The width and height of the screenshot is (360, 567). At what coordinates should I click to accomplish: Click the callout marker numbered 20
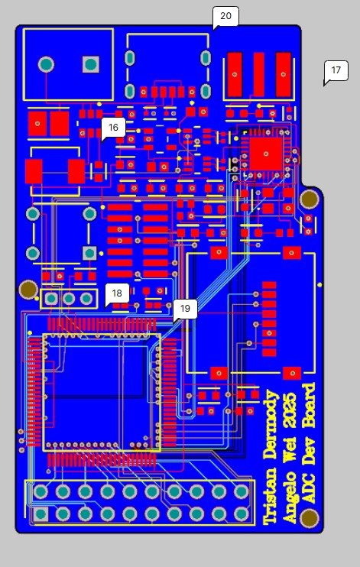tap(225, 16)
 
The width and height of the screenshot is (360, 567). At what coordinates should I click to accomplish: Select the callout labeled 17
tap(336, 71)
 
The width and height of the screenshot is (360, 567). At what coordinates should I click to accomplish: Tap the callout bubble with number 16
tap(113, 128)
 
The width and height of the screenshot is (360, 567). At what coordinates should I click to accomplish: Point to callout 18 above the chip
tap(117, 293)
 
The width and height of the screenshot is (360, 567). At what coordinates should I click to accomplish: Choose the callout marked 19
tap(185, 309)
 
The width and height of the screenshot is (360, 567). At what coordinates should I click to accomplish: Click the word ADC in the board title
tap(309, 489)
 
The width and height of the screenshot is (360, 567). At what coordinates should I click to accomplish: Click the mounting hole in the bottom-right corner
tap(309, 519)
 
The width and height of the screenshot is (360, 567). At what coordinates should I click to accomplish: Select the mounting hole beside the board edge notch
tap(309, 199)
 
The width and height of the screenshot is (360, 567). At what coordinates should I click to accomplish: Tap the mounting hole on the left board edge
tap(28, 289)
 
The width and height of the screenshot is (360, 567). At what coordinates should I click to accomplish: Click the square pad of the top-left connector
tap(90, 64)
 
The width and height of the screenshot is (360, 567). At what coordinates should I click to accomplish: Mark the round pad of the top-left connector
tap(47, 64)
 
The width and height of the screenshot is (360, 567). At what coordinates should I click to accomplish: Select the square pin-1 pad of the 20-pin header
tap(41, 514)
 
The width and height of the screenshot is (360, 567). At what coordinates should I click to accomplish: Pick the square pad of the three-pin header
tap(51, 298)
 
